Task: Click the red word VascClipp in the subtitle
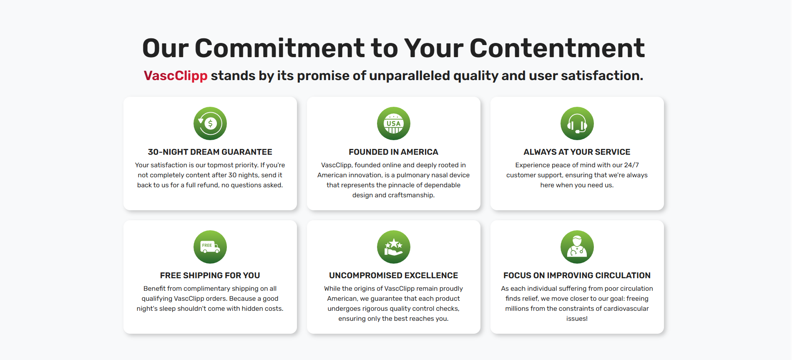(176, 76)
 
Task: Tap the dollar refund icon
(210, 123)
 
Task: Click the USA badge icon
(394, 123)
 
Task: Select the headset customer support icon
(577, 123)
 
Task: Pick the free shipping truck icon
(210, 247)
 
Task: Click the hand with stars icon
(394, 247)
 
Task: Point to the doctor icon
(577, 247)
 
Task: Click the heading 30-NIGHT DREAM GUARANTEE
(210, 152)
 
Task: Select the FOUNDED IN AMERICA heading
(394, 152)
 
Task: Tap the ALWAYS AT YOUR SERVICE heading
(577, 152)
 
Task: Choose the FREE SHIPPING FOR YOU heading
(210, 275)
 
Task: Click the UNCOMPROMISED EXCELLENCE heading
(394, 275)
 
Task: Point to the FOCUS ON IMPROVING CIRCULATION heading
(577, 275)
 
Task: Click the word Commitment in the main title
(279, 48)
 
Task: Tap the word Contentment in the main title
(557, 48)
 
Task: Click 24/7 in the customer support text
(631, 165)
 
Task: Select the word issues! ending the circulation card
(577, 319)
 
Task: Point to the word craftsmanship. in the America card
(411, 195)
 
